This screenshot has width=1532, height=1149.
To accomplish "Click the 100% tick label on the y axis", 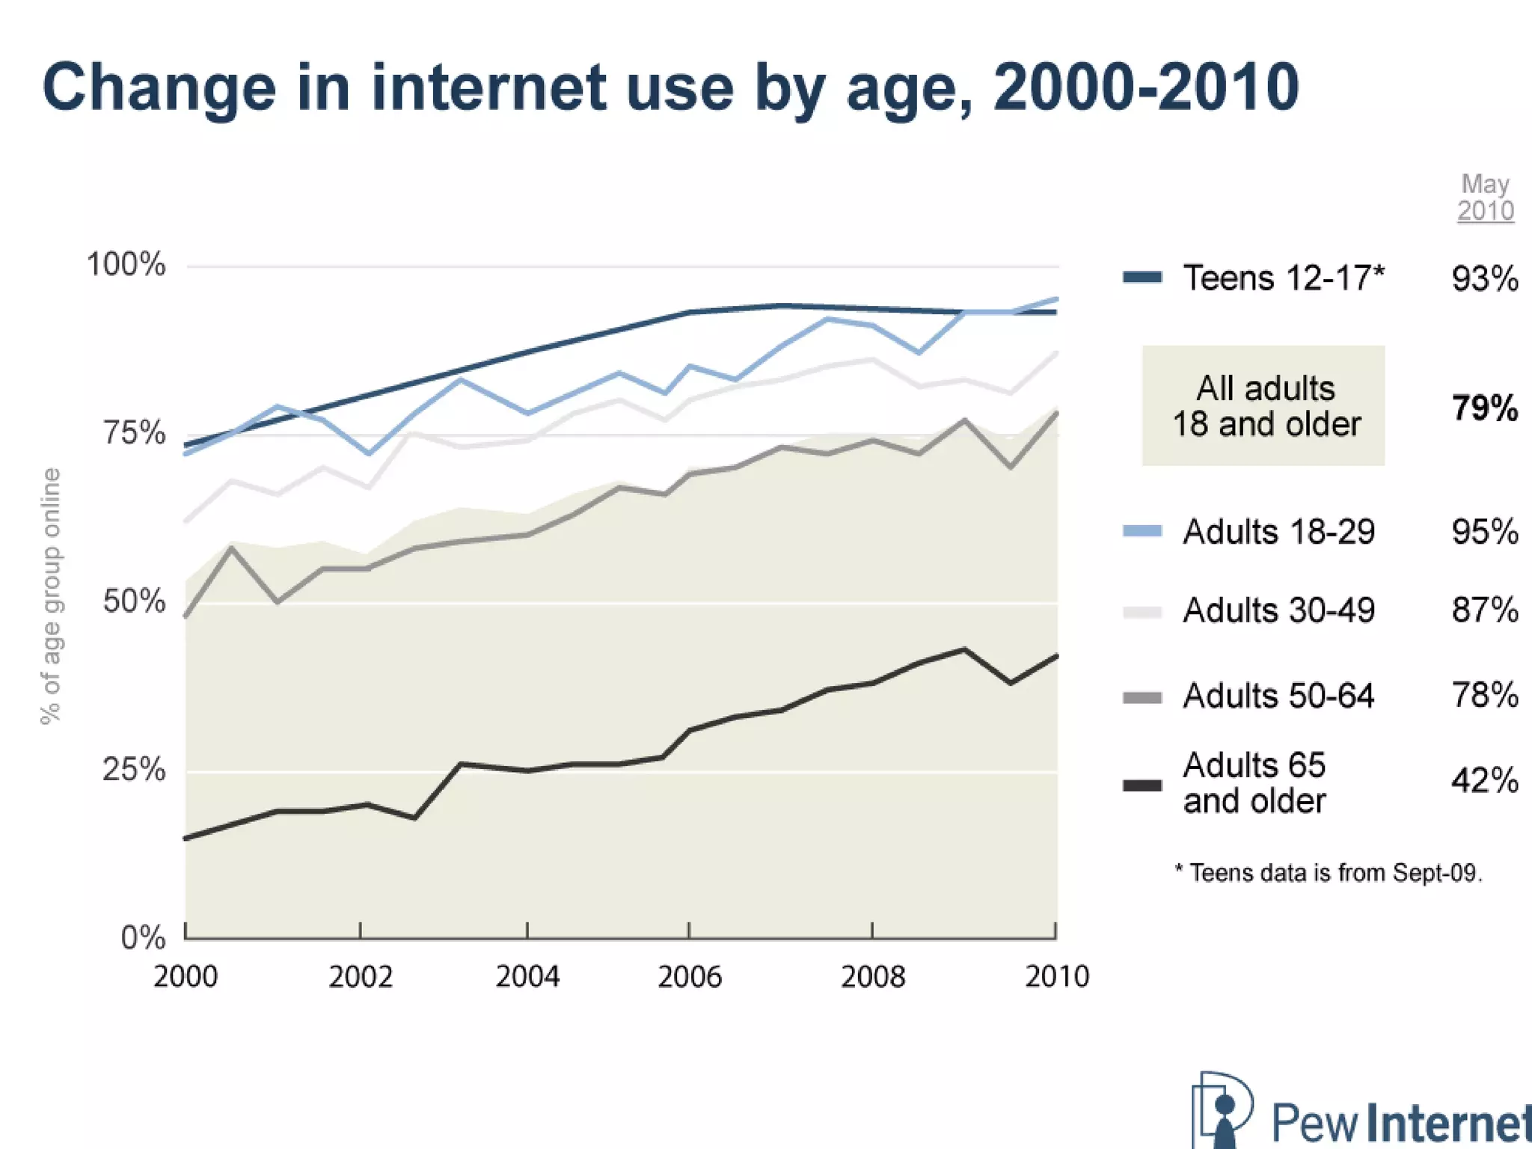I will coord(126,265).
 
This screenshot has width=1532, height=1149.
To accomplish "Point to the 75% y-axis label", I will coord(134,433).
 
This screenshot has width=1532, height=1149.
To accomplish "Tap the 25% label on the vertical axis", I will coord(134,770).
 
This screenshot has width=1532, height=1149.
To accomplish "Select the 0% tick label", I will coord(143,938).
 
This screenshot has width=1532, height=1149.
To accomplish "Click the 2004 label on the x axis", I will coord(527,977).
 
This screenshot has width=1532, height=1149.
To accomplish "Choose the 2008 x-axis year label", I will coord(872,977).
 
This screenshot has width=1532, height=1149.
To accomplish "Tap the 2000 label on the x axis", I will coord(186,977).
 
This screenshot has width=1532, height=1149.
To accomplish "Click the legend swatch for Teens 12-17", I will coord(1142,278).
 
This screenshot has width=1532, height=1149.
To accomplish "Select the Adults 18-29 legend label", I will coord(1278,532).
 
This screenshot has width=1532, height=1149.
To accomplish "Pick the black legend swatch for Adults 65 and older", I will coord(1142,785).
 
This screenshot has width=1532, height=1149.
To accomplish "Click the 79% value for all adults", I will coord(1485,408).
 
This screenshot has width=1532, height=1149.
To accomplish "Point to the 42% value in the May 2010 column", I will coord(1485,781).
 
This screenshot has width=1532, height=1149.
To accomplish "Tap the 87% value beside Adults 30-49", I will coord(1485,610).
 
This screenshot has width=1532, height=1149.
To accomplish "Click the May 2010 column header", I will coord(1486,197).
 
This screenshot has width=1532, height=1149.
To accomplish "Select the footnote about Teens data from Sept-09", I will coord(1329,873).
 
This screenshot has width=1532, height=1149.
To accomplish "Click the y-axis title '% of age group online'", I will coord(50,595).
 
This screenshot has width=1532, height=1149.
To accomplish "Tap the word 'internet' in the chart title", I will coord(488,88).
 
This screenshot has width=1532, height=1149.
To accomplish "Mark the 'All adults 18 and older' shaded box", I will coord(1263,405).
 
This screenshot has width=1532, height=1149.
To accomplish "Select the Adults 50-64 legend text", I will coord(1278,696).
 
